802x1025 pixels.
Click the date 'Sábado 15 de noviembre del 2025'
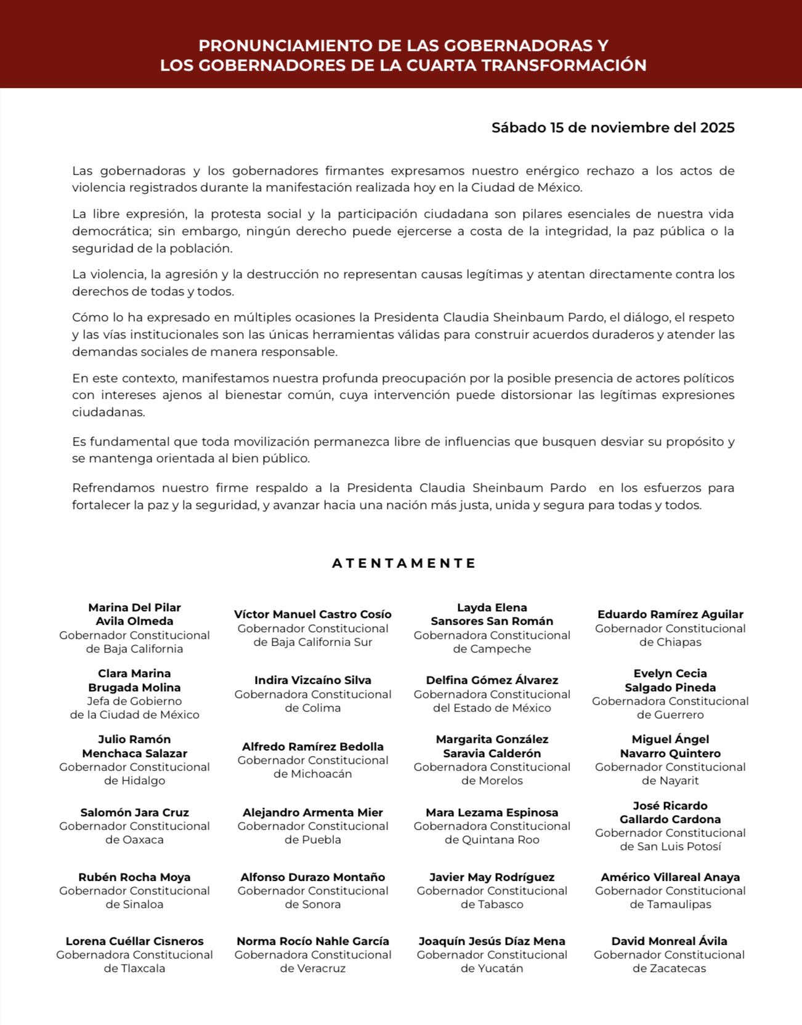[612, 127]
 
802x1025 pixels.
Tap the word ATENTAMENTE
[403, 563]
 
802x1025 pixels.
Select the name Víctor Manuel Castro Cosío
[312, 614]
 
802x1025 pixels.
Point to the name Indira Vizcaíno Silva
[312, 680]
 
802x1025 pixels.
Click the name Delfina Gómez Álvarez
[492, 680]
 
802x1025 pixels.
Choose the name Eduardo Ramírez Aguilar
[670, 614]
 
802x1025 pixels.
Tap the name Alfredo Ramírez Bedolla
[312, 747]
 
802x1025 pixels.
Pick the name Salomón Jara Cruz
[134, 813]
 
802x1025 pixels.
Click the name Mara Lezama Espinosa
[492, 813]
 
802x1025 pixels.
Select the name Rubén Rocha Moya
[134, 877]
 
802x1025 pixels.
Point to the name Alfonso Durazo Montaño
[312, 877]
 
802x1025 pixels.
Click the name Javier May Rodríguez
[492, 877]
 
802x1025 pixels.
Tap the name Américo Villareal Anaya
[670, 877]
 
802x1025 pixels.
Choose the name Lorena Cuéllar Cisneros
[134, 941]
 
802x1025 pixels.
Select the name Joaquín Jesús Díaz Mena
[492, 941]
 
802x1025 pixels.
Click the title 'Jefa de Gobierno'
[134, 701]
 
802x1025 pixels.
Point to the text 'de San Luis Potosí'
[670, 846]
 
